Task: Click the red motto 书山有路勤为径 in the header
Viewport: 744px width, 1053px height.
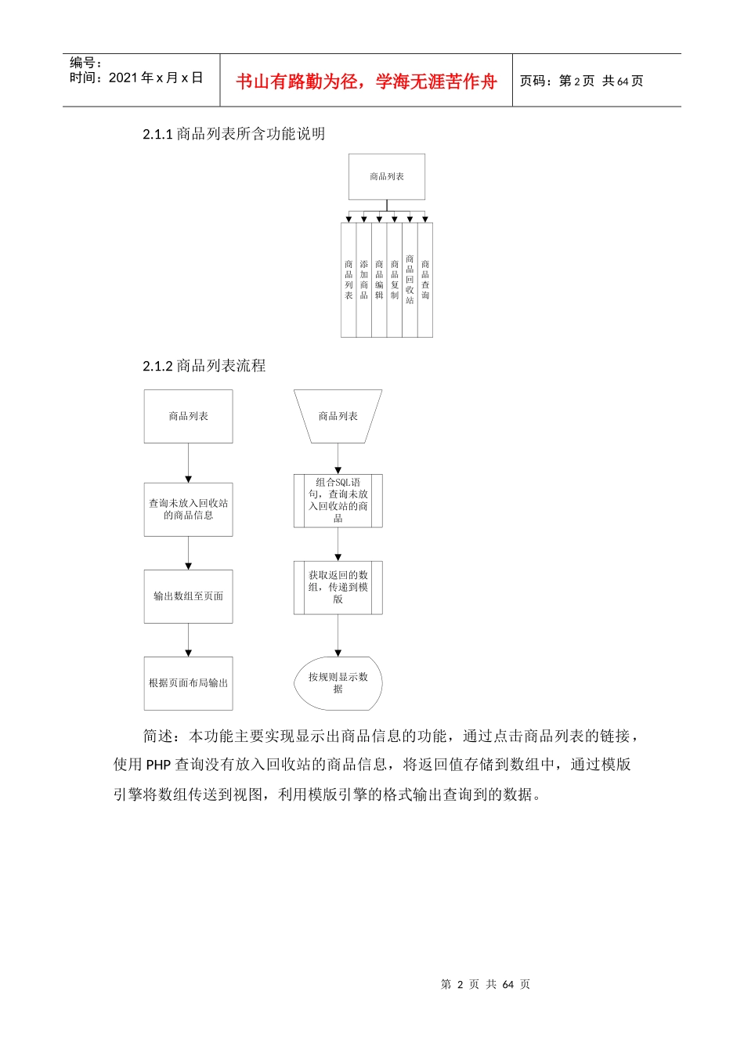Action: coord(366,81)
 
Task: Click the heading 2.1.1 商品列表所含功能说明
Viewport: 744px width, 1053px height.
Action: coord(233,134)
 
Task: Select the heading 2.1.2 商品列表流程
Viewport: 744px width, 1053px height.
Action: coord(204,366)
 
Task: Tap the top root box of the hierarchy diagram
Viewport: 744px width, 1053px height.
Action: coord(387,177)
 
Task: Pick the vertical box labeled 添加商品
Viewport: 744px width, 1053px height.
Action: coord(364,280)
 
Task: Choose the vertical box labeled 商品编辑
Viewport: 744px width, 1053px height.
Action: coord(379,280)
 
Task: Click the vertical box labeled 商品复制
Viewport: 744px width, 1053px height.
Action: coord(395,280)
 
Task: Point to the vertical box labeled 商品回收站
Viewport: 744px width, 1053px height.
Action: coord(410,280)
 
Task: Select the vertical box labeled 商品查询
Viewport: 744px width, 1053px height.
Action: coord(425,280)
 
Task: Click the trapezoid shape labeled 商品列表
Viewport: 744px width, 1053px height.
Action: coord(338,416)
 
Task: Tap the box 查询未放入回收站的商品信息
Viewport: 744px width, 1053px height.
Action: coord(188,509)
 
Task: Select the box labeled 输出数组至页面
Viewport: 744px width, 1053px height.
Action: coord(188,596)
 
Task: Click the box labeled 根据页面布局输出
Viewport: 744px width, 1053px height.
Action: coord(188,683)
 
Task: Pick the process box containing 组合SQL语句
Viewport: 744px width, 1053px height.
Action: coord(338,501)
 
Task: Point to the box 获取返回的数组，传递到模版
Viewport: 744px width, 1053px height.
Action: coord(338,588)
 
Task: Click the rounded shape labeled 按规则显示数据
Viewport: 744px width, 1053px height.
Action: coord(338,683)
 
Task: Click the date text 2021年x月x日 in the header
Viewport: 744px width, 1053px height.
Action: coord(156,78)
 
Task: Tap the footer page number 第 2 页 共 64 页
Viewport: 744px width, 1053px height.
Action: coord(486,985)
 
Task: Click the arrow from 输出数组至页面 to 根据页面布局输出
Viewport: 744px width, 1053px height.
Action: coord(188,640)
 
